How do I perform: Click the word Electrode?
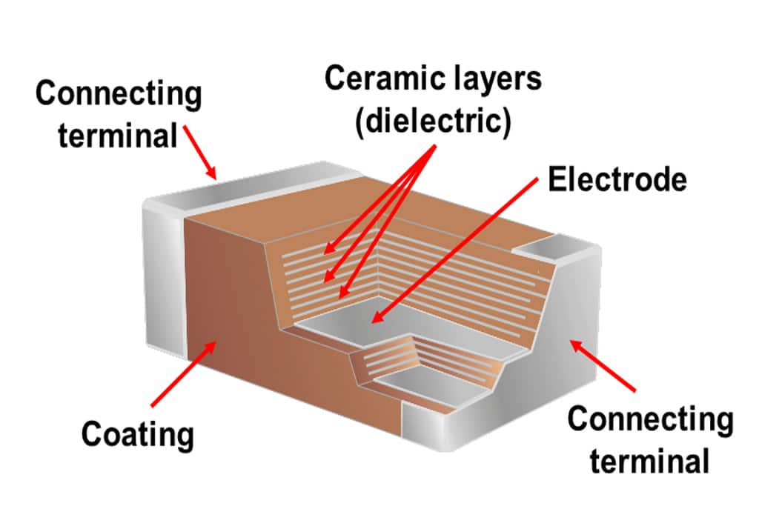617,180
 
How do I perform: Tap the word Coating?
137,434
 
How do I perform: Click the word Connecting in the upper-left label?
119,94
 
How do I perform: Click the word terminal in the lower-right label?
649,461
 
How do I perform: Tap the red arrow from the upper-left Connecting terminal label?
199,152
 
